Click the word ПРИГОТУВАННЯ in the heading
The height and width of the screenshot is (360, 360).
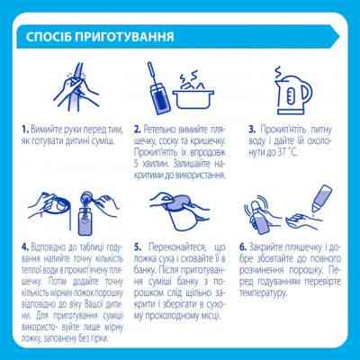pyautogui.click(x=124, y=37)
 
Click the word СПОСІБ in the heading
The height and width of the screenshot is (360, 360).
pyautogui.click(x=49, y=37)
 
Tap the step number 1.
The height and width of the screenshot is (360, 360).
pyautogui.click(x=24, y=130)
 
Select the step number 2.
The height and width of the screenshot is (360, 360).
pyautogui.click(x=138, y=130)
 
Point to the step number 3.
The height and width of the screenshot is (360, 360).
pyautogui.click(x=252, y=130)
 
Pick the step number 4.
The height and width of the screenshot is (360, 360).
pyautogui.click(x=25, y=247)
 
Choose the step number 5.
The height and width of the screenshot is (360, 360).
pyautogui.click(x=138, y=247)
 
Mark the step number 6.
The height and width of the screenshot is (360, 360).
pyautogui.click(x=243, y=247)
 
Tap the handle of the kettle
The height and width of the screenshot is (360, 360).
pyautogui.click(x=308, y=93)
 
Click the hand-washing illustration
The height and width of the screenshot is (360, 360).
pyautogui.click(x=76, y=87)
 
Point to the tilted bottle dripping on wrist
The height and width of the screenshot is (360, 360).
pyautogui.click(x=321, y=198)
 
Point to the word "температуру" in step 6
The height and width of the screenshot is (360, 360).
pyautogui.click(x=263, y=292)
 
